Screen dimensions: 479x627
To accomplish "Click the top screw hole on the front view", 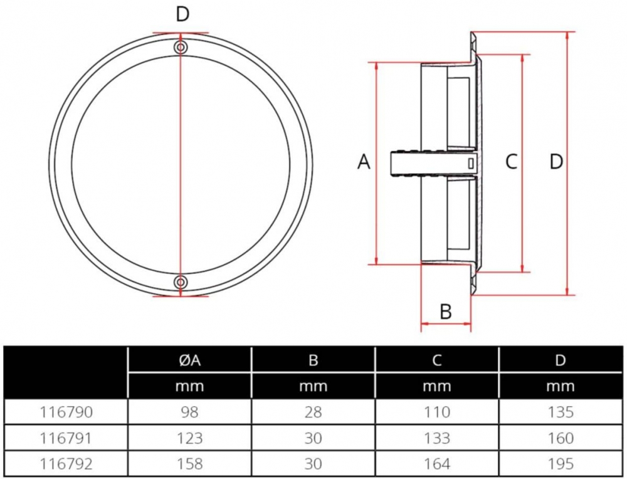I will point(181,48).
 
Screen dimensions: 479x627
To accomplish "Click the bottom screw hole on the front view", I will point(181,282).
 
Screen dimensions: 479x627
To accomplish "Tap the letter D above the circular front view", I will point(182,14).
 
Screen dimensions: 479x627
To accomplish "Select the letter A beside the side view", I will point(364,162).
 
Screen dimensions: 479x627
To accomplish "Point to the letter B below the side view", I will point(446,311).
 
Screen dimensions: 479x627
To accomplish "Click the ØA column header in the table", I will point(189,360).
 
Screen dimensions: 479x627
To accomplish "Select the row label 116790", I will point(66,412).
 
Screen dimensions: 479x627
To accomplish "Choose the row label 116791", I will point(66,438).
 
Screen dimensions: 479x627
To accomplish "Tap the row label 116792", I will point(66,464).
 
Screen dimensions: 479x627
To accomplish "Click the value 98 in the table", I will point(190,412).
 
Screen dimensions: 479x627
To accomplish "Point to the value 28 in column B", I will point(313,412).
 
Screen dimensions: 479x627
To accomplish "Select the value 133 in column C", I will point(437,438).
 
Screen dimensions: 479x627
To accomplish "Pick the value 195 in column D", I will point(561,464).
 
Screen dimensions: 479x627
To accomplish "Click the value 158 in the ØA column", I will point(190,464).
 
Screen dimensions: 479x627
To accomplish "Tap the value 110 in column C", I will point(437,412).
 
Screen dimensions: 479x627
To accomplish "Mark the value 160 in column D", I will point(561,438).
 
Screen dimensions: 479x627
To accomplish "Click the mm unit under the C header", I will point(437,386).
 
